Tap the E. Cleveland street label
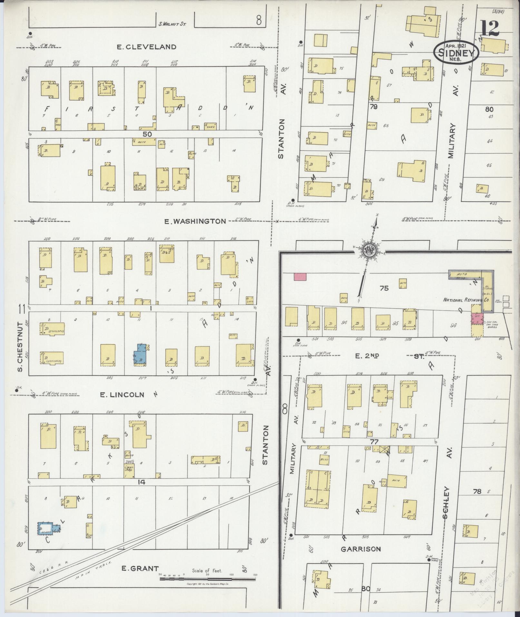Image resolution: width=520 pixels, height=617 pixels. point(146,47)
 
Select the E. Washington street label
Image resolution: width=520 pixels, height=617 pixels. point(195,221)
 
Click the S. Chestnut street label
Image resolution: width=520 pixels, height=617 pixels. point(20,346)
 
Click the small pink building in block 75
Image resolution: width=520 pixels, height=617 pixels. point(300,276)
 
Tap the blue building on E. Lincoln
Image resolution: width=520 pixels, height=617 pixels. point(141,354)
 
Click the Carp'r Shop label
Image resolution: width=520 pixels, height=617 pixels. point(129,468)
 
